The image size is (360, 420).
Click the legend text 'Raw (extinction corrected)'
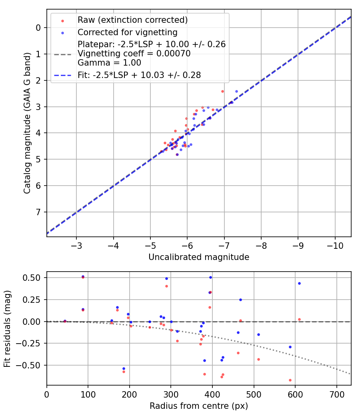tap(133, 20)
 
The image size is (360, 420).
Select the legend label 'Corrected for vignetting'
tap(128, 32)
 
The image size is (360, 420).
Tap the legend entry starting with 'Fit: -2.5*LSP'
tap(139, 75)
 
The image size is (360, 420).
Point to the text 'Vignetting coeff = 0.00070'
tap(134, 54)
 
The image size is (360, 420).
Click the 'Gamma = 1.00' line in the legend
tap(109, 62)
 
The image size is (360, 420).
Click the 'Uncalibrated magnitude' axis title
tap(199, 257)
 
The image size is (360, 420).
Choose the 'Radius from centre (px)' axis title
tap(199, 406)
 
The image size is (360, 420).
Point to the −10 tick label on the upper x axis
tap(335, 245)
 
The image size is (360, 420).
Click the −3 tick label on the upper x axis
tap(76, 245)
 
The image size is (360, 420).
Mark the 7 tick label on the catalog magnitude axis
tap(38, 212)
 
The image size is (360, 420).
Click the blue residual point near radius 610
tap(299, 283)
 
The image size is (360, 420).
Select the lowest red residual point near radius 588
tap(290, 380)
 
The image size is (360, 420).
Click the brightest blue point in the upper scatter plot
tap(236, 91)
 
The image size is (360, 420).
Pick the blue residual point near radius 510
tap(258, 334)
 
